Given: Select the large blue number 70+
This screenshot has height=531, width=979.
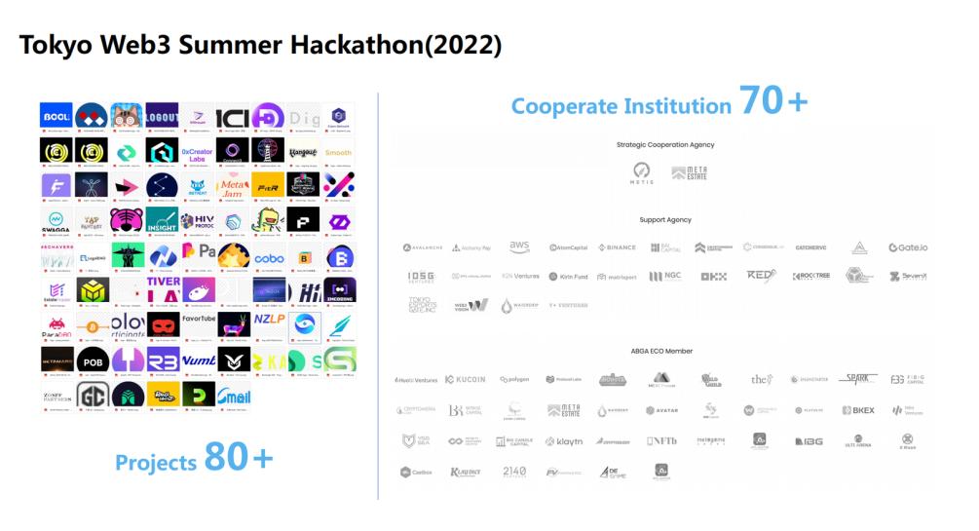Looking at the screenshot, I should point(773,100).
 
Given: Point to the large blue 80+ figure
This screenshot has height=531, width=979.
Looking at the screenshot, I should point(239,458).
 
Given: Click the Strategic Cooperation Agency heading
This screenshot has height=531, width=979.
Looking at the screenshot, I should point(665,144).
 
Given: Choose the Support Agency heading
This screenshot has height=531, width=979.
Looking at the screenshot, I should point(665,219).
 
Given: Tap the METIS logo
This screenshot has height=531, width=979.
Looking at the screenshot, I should point(641,172).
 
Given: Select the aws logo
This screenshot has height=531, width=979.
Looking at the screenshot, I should point(519,247).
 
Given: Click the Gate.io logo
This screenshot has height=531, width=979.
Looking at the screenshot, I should point(908,247).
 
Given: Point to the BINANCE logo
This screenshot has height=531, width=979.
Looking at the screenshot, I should point(617,247).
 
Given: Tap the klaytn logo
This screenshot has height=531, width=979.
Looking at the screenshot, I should point(565,441).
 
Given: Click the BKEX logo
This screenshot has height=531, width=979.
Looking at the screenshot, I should point(859,410).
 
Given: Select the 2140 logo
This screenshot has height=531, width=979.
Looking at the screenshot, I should point(514,472).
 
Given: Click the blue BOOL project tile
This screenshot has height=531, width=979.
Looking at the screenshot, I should point(56,117).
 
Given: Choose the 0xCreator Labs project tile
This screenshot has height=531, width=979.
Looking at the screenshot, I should point(197,151).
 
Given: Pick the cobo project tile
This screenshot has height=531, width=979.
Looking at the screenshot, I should point(269,258).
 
